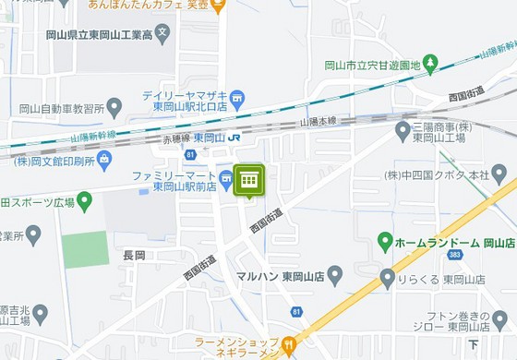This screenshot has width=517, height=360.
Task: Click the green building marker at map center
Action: point(248,180)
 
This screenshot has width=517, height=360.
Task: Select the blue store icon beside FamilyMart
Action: point(226,178)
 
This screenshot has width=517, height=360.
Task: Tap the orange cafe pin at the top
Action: point(218,6)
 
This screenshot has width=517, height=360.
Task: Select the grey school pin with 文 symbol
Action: point(162,34)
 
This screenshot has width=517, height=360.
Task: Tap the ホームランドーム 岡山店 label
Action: point(445,243)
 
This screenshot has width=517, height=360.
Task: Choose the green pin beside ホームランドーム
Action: point(387,242)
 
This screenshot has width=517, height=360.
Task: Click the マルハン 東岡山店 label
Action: point(279,276)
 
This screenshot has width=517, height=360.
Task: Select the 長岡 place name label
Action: point(134,255)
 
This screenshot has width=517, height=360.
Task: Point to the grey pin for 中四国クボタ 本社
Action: point(499,174)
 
